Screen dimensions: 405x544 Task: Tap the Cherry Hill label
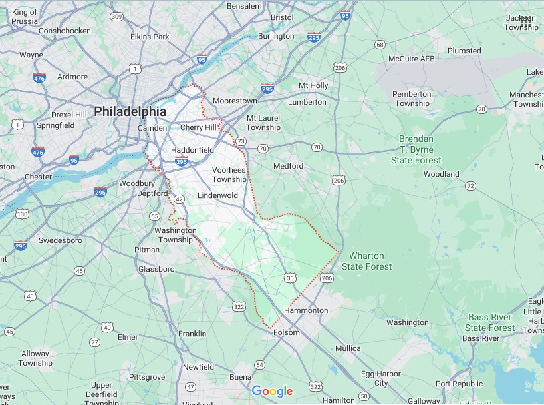pyautogui.click(x=198, y=127)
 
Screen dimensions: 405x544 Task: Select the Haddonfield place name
pyautogui.click(x=192, y=150)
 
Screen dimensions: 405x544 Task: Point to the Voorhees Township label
pyautogui.click(x=229, y=175)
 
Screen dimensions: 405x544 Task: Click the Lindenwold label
pyautogui.click(x=217, y=195)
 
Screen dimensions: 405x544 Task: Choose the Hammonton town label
pyautogui.click(x=306, y=311)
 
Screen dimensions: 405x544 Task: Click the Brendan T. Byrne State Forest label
pyautogui.click(x=416, y=149)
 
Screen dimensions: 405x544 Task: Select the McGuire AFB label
pyautogui.click(x=410, y=59)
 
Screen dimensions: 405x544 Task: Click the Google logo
pyautogui.click(x=272, y=392)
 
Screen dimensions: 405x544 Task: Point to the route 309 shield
pyautogui.click(x=116, y=16)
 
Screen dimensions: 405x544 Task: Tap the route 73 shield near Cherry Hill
pyautogui.click(x=240, y=141)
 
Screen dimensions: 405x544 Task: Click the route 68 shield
pyautogui.click(x=380, y=45)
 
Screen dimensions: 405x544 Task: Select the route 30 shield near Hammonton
pyautogui.click(x=291, y=277)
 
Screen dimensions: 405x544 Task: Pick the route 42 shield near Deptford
pyautogui.click(x=179, y=199)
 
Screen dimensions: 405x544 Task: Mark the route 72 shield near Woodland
pyautogui.click(x=471, y=186)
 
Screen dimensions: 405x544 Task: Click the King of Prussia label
pyautogui.click(x=25, y=17)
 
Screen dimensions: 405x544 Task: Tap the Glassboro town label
pyautogui.click(x=156, y=269)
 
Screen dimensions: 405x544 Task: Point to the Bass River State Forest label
pyautogui.click(x=490, y=322)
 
